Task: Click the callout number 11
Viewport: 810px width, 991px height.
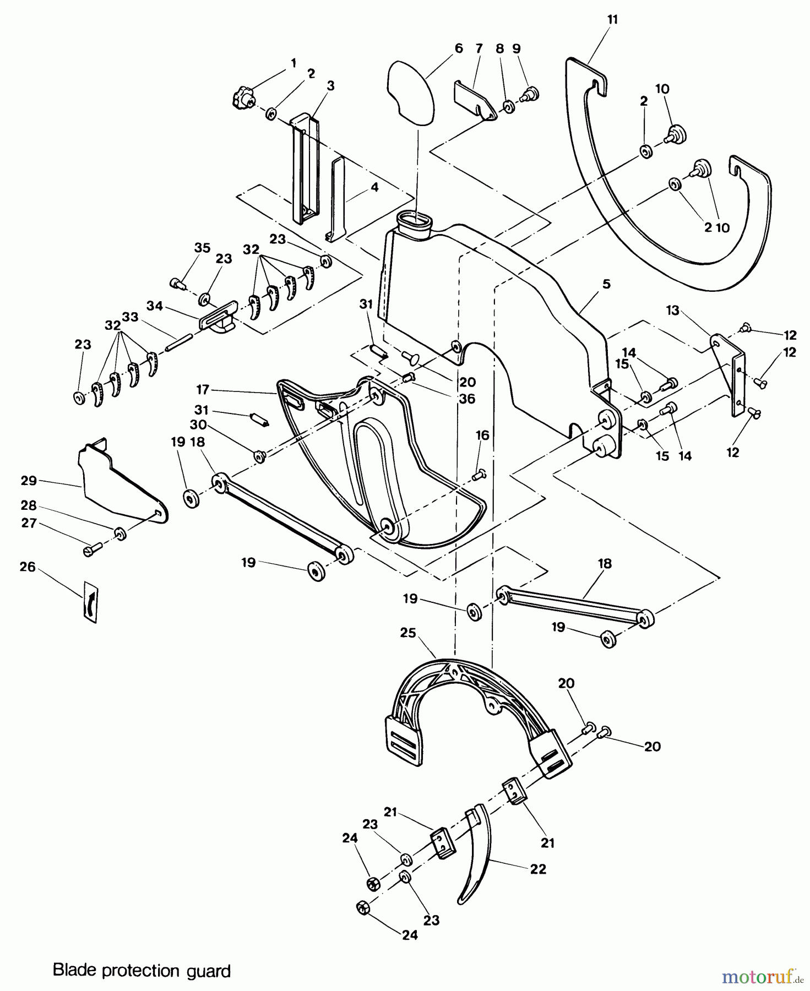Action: (612, 20)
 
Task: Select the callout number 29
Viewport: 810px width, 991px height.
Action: (29, 481)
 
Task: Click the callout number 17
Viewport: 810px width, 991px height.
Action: (202, 390)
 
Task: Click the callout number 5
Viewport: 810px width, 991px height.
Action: (606, 284)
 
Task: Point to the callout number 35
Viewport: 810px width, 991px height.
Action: (202, 248)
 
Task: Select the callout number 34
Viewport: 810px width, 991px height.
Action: (155, 306)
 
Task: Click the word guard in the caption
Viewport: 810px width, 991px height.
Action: (211, 970)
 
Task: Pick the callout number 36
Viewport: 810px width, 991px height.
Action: (467, 398)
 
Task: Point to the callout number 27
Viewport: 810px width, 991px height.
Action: (29, 523)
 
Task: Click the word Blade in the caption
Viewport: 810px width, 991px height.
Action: (72, 970)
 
